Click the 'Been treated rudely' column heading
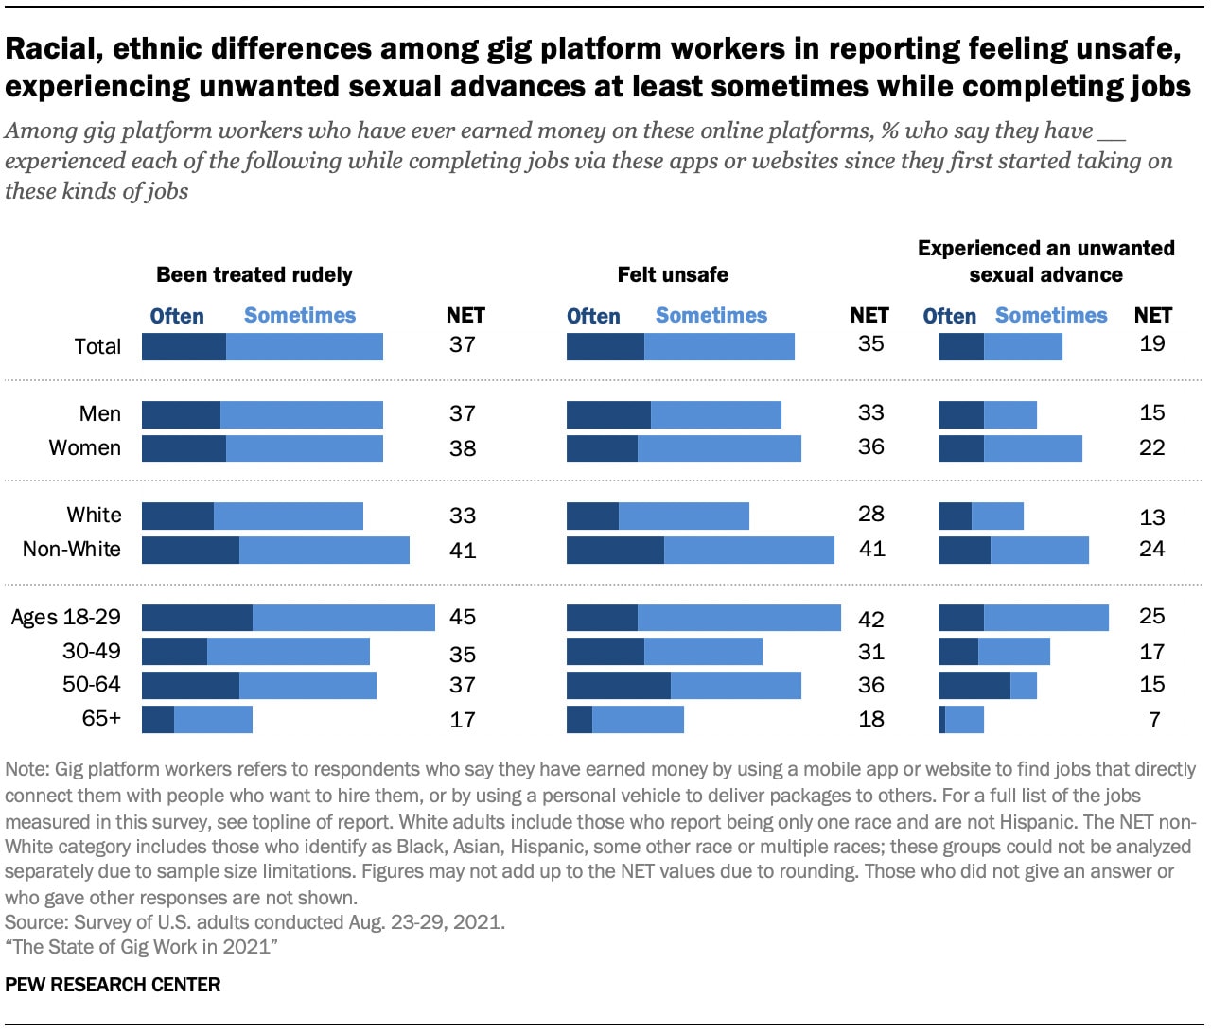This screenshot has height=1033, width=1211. [x=254, y=274]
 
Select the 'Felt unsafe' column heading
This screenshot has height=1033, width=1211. [x=673, y=274]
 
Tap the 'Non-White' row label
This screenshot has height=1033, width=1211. [x=72, y=549]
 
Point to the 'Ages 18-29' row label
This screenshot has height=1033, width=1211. [x=66, y=617]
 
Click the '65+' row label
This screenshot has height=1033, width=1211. [x=101, y=718]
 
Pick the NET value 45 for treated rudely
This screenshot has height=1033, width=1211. [x=463, y=617]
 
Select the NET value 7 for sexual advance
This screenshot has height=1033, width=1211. [x=1154, y=720]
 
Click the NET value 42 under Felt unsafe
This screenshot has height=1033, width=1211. [x=870, y=619]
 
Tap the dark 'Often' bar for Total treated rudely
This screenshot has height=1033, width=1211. [x=184, y=346]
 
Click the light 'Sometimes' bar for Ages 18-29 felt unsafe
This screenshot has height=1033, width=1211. [x=739, y=617]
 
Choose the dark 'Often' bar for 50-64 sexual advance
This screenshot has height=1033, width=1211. [x=974, y=685]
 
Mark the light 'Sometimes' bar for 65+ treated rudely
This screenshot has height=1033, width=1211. [x=213, y=719]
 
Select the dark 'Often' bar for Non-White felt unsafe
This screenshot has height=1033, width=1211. [x=615, y=550]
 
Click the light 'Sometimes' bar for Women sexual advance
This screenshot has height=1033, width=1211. [x=1032, y=447]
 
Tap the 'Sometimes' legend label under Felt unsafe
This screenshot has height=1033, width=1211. [x=711, y=315]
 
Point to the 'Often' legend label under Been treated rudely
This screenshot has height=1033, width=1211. [x=177, y=316]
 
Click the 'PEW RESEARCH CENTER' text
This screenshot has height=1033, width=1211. [x=113, y=985]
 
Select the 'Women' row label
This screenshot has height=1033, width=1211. [x=85, y=447]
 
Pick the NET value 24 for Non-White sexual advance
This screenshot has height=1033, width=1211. [x=1151, y=549]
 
